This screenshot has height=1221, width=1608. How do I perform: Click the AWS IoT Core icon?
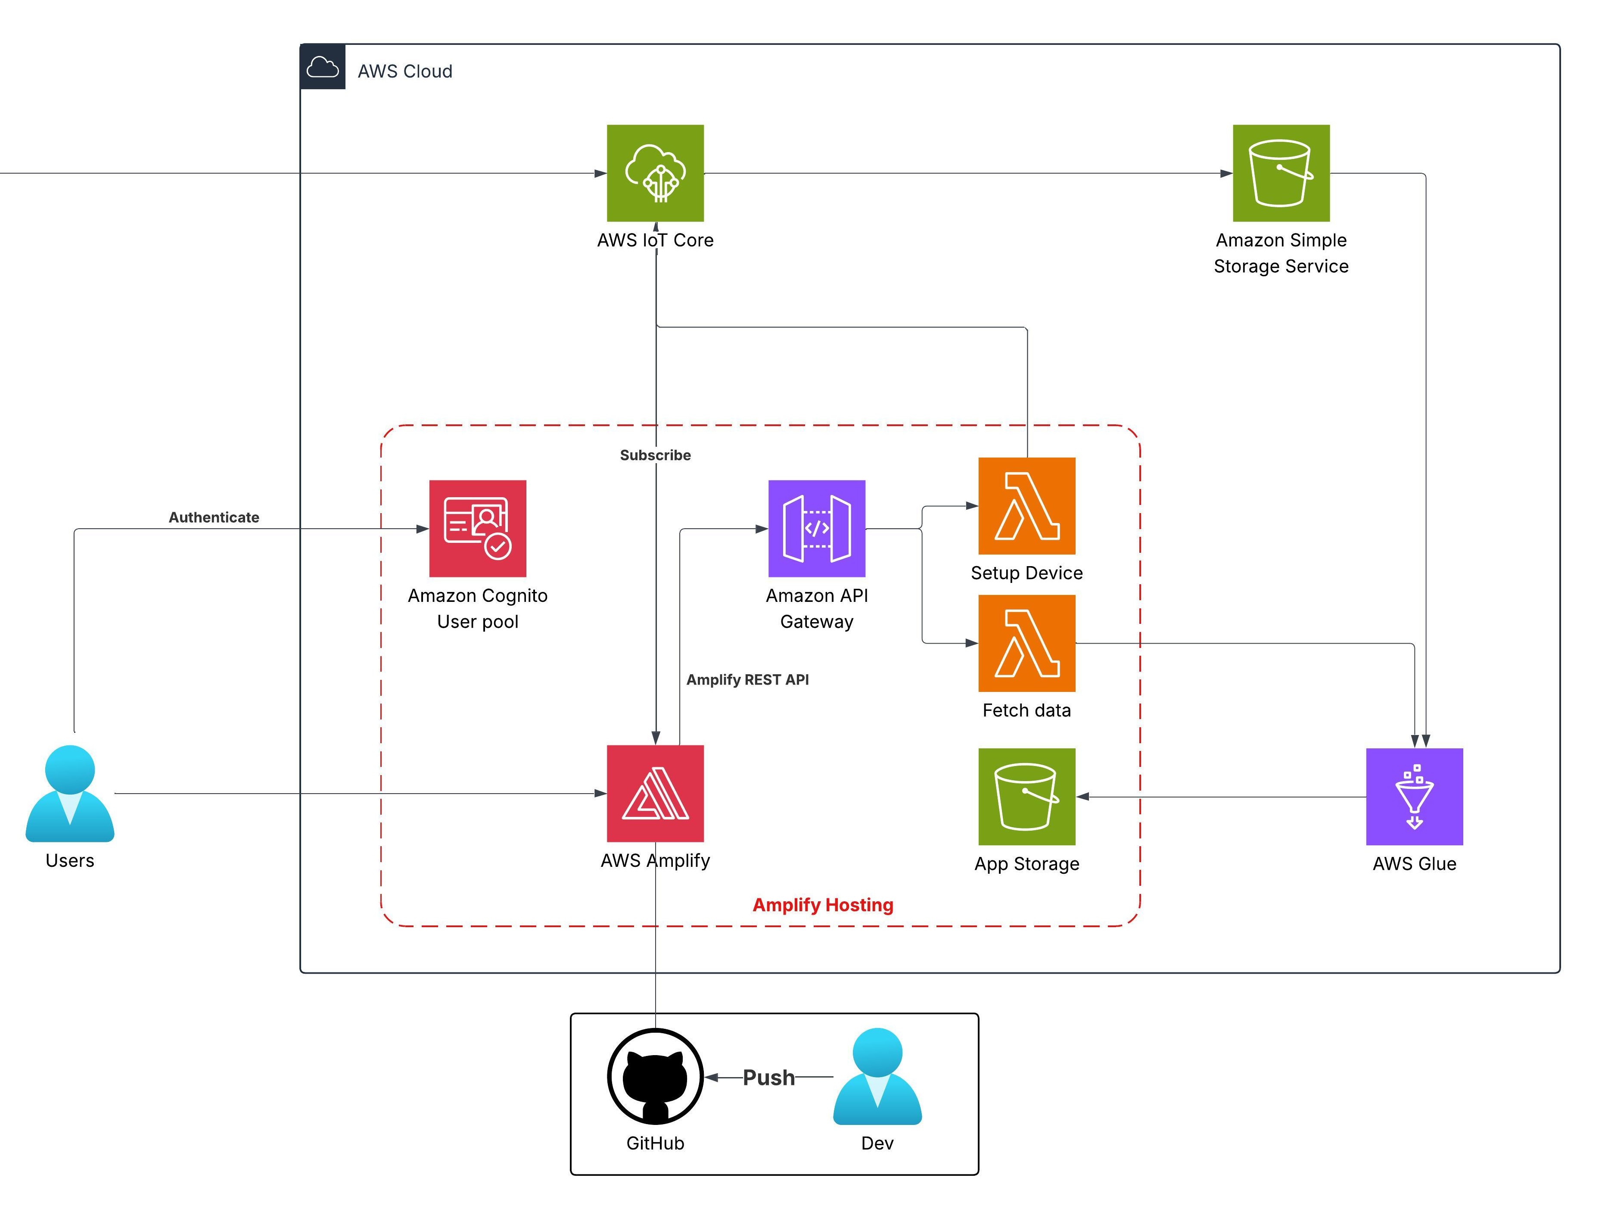(x=655, y=173)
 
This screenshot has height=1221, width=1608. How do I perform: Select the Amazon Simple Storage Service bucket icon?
(x=1281, y=173)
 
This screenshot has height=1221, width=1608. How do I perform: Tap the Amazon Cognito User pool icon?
(x=478, y=529)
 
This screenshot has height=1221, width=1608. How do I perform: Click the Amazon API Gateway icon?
(x=816, y=529)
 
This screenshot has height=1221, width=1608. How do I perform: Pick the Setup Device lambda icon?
(x=1026, y=506)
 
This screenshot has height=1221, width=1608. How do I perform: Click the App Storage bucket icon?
(x=1026, y=797)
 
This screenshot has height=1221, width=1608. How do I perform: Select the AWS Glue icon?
(x=1414, y=797)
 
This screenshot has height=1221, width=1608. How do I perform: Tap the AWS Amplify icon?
(x=655, y=794)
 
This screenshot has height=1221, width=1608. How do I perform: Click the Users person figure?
(x=70, y=794)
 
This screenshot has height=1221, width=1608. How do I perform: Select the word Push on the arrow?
(x=768, y=1078)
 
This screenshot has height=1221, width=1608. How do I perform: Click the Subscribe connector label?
(x=655, y=455)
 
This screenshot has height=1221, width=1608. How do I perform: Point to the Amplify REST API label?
(x=747, y=680)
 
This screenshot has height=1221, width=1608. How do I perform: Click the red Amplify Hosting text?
(x=822, y=905)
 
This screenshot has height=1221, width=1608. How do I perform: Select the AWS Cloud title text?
(x=405, y=71)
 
